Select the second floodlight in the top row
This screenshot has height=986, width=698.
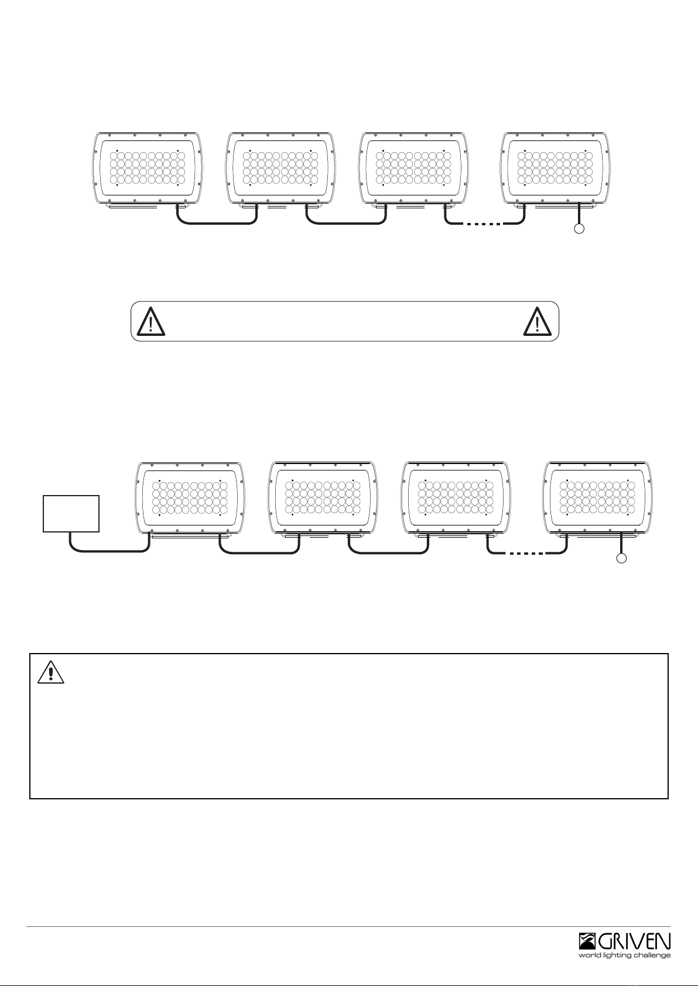pyautogui.click(x=280, y=170)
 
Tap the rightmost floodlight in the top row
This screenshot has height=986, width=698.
pyautogui.click(x=556, y=170)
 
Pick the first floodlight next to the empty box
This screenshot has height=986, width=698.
pyautogui.click(x=189, y=500)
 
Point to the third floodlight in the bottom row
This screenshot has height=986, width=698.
pyautogui.click(x=456, y=500)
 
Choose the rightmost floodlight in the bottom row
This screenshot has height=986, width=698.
pyautogui.click(x=597, y=500)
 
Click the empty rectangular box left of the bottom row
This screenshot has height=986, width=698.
pyautogui.click(x=71, y=514)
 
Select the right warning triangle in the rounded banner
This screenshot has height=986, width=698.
pyautogui.click(x=538, y=322)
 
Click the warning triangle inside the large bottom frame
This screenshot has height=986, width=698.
pyautogui.click(x=51, y=672)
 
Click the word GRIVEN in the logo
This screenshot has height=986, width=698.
pyautogui.click(x=634, y=942)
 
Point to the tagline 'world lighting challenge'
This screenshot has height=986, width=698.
pyautogui.click(x=624, y=955)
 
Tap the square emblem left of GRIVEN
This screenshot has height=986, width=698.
pyautogui.click(x=587, y=942)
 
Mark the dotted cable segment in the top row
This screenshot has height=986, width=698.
pyautogui.click(x=484, y=224)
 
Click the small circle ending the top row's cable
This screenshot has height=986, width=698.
pyautogui.click(x=580, y=228)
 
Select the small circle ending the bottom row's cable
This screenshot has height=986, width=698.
pyautogui.click(x=621, y=559)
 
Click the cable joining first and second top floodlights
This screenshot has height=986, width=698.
pyautogui.click(x=217, y=224)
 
